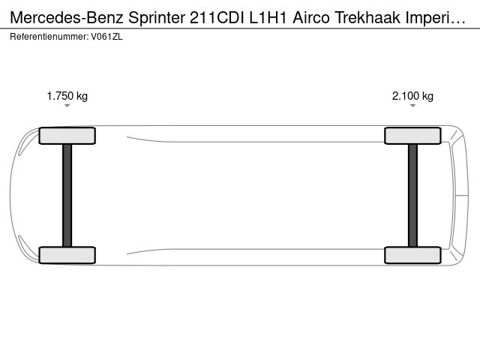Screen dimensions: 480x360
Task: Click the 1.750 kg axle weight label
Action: click(x=67, y=96)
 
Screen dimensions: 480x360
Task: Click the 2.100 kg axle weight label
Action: click(x=412, y=96)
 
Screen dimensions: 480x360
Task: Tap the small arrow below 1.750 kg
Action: click(x=67, y=106)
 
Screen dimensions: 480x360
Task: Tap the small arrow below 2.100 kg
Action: click(x=412, y=106)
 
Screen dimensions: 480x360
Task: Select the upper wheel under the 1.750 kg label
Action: click(x=67, y=136)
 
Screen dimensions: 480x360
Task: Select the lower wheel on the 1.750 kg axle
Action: click(x=67, y=255)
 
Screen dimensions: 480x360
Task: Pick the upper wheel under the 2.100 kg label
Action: click(x=412, y=136)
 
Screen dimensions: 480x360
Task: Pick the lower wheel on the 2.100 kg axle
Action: click(x=412, y=255)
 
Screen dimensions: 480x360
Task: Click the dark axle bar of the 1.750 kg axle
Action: click(x=67, y=195)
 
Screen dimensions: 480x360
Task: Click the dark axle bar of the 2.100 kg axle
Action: click(x=412, y=195)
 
